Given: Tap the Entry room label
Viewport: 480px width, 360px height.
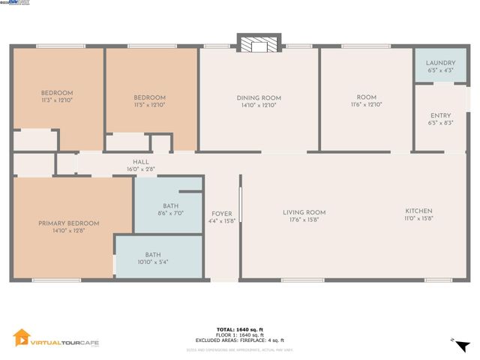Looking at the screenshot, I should [440, 115].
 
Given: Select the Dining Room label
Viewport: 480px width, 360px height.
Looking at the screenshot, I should [259, 98].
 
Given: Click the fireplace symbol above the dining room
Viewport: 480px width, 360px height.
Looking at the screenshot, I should [259, 44].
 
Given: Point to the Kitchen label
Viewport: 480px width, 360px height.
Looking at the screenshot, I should [418, 211].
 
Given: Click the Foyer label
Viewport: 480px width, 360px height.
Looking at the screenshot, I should [222, 213].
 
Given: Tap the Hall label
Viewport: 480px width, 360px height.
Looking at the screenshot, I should [141, 162].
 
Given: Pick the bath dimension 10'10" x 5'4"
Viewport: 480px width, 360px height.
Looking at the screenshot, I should [152, 262].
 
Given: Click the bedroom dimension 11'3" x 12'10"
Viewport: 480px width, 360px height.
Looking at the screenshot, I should [56, 101].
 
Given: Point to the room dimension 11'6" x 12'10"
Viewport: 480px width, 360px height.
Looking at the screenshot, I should [366, 105].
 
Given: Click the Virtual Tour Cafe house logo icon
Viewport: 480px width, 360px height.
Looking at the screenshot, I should [22, 338].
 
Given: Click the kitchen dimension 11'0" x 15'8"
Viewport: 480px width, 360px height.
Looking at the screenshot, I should [418, 219].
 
